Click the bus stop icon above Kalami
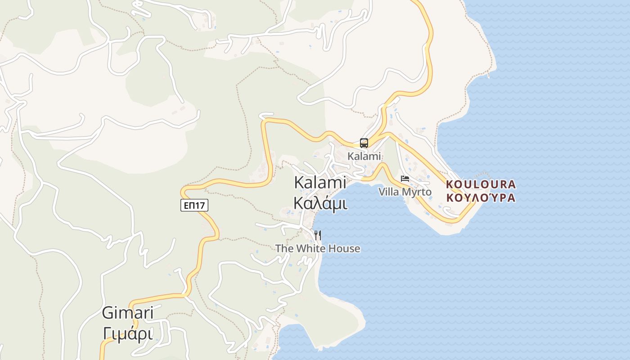[364, 143]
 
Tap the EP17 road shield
[194, 205]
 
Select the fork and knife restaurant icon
[318, 235]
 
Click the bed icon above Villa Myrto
[405, 179]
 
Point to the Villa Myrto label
[405, 192]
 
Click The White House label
[318, 248]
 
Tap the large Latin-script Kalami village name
[320, 182]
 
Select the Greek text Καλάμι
[320, 203]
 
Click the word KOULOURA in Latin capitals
[481, 184]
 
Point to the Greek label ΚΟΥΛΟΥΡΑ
[481, 198]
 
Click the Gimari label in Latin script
[128, 313]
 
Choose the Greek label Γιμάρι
[128, 333]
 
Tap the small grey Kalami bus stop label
[364, 156]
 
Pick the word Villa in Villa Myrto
[389, 192]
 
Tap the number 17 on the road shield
[200, 205]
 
